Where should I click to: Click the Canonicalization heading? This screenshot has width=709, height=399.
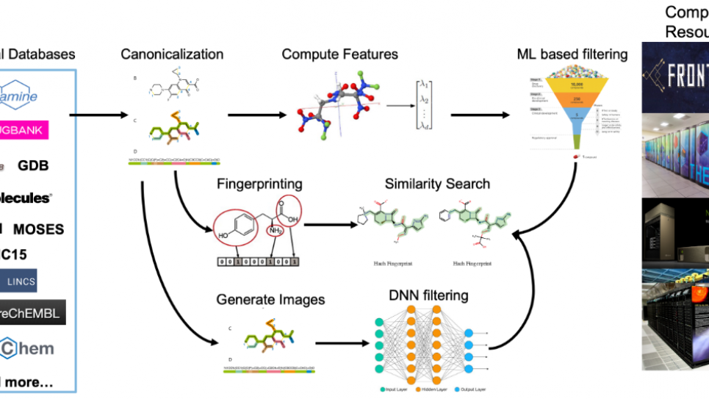point(173,54)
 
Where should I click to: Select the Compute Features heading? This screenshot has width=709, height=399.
point(339,54)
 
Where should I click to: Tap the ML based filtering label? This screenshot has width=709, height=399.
point(572,54)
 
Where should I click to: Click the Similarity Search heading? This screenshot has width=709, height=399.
point(436,183)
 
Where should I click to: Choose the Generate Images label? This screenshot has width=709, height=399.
point(270,299)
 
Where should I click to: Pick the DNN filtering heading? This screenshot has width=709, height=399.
point(428,296)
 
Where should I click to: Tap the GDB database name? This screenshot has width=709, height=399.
point(33,165)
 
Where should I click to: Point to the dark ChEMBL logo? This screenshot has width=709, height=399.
point(32,312)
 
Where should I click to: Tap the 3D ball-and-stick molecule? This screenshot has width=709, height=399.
point(330,107)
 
